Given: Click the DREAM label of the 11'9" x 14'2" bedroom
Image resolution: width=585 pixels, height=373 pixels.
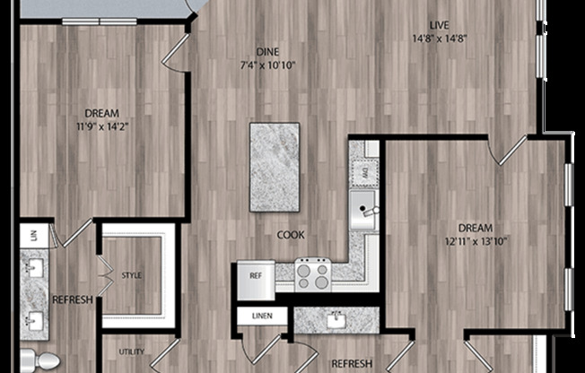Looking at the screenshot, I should (x=101, y=112).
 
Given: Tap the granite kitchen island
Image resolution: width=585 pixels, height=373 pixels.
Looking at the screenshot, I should (x=274, y=167).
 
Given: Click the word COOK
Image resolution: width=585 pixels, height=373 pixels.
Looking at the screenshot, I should (x=290, y=235).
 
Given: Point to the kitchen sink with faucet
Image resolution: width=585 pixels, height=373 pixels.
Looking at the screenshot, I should (x=363, y=211).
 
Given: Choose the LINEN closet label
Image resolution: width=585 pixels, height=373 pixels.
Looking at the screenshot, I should (x=262, y=317).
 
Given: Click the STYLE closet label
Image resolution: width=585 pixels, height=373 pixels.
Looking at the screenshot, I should (x=132, y=275).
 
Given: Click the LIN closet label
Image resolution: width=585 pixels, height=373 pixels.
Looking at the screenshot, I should (x=33, y=235).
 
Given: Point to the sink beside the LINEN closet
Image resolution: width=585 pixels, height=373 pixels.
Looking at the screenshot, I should (x=337, y=317).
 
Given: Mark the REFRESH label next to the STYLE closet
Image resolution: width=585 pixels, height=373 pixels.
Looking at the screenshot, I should (x=72, y=299).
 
